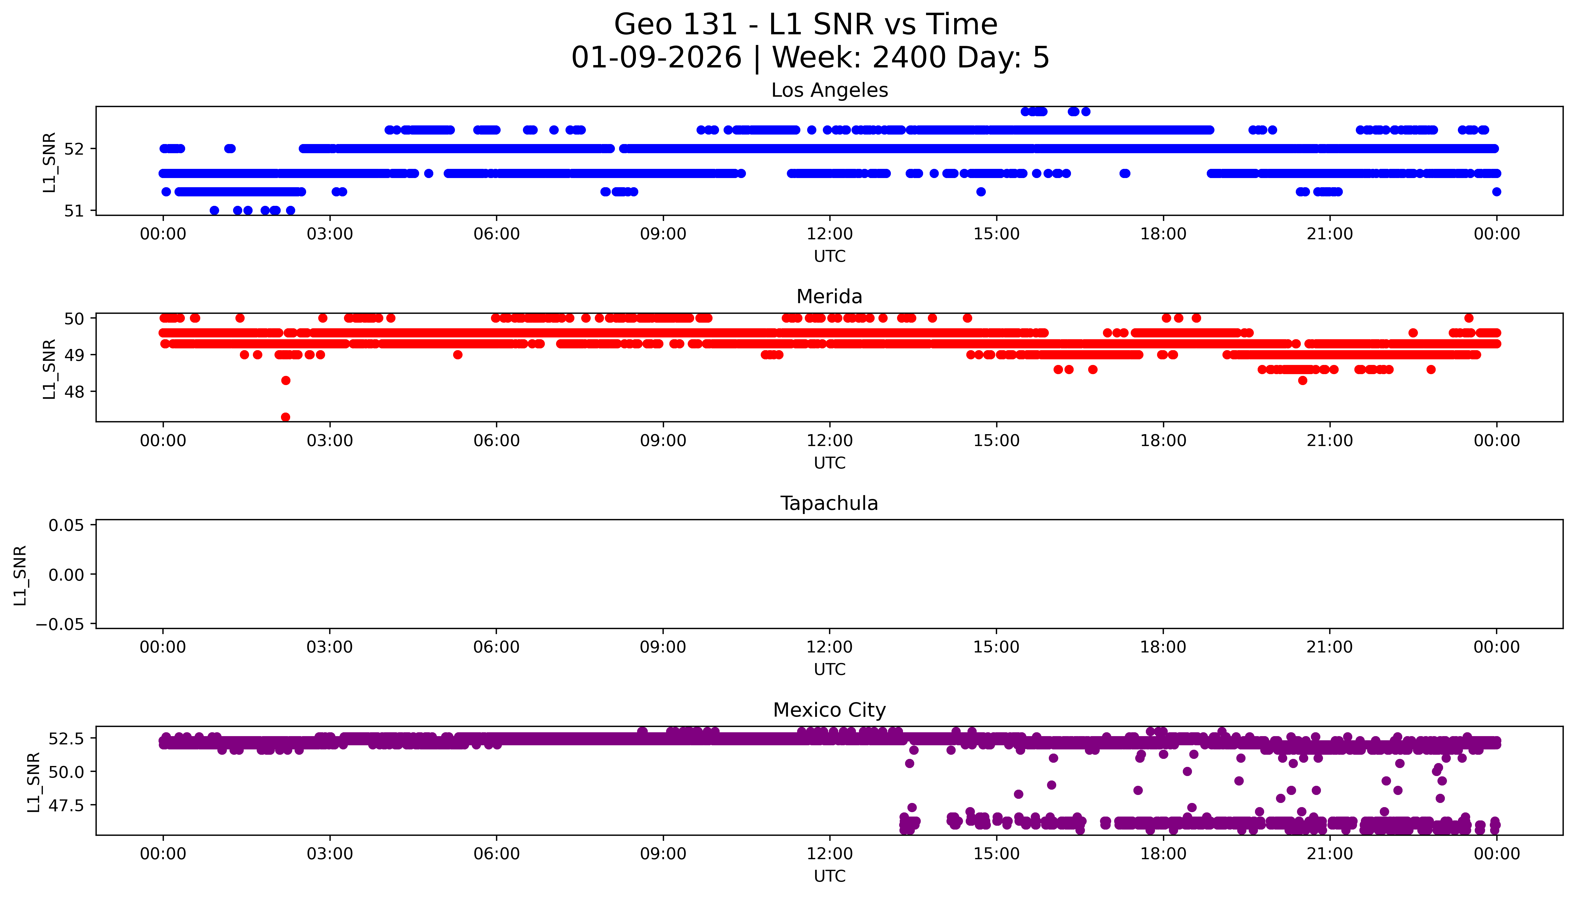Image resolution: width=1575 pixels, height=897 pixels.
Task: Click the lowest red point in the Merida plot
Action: click(x=285, y=417)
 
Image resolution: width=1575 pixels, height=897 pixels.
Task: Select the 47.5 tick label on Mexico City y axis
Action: click(x=67, y=806)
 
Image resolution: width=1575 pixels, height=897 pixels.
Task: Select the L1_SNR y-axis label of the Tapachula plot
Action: click(x=20, y=576)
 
